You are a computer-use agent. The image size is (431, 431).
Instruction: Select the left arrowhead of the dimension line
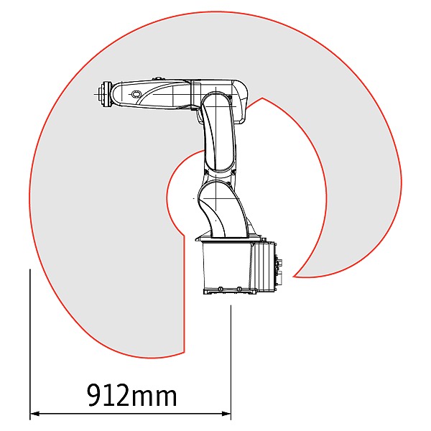click(35, 413)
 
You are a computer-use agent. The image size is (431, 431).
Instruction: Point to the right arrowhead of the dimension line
click(226, 413)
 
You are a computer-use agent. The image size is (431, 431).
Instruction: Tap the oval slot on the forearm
click(135, 94)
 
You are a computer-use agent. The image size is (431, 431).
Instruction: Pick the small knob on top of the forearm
click(157, 79)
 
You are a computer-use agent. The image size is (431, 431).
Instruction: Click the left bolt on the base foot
click(220, 289)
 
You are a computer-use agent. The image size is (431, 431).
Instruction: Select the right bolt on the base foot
click(239, 289)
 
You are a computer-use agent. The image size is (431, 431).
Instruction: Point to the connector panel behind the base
click(279, 266)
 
